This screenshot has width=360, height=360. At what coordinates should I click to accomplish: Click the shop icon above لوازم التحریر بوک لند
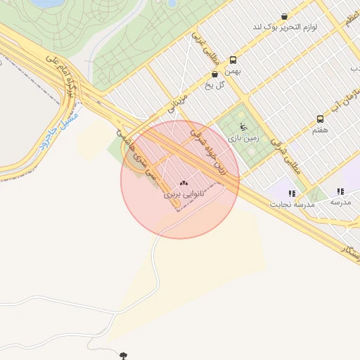pyautogui.click(x=284, y=16)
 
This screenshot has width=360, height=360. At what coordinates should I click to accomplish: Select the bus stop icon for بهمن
pyautogui.click(x=233, y=60)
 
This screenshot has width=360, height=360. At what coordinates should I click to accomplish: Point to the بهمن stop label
pyautogui.click(x=233, y=71)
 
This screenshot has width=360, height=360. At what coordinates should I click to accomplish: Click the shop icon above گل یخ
pyautogui.click(x=214, y=74)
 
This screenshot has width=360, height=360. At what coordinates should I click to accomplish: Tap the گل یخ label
pyautogui.click(x=214, y=85)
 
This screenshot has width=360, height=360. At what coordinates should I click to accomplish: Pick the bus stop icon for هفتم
pyautogui.click(x=321, y=119)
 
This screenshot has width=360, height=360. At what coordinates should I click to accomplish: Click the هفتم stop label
pyautogui.click(x=320, y=130)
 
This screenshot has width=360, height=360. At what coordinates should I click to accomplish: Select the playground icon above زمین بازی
pyautogui.click(x=243, y=127)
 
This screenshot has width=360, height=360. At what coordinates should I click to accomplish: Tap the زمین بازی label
pyautogui.click(x=244, y=139)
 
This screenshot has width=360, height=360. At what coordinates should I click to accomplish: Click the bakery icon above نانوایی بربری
pyautogui.click(x=184, y=182)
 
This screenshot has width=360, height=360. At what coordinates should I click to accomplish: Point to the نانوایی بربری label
pyautogui.click(x=184, y=193)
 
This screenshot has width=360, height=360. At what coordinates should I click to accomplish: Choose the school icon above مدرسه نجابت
pyautogui.click(x=292, y=193)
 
